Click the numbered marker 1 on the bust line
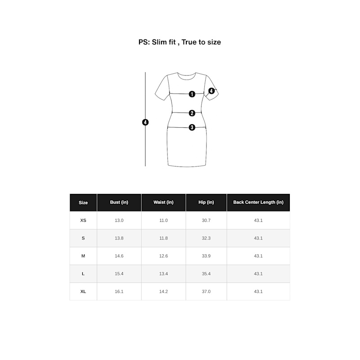(x=192, y=94)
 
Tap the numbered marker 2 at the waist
(x=192, y=113)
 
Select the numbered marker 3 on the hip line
(x=192, y=127)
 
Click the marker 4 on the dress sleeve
(x=211, y=91)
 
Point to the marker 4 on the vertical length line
(x=145, y=122)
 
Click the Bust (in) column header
(x=119, y=202)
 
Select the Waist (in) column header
(x=163, y=202)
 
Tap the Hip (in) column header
(x=206, y=202)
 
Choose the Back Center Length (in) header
(x=258, y=202)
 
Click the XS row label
(x=83, y=220)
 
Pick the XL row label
(x=83, y=292)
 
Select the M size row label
(x=83, y=256)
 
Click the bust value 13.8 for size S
(x=119, y=238)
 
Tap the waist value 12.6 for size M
(x=163, y=256)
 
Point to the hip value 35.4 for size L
(x=206, y=274)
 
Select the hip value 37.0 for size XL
(x=206, y=292)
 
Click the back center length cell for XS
(x=258, y=220)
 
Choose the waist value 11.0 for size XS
(x=163, y=220)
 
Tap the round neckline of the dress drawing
(x=187, y=79)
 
